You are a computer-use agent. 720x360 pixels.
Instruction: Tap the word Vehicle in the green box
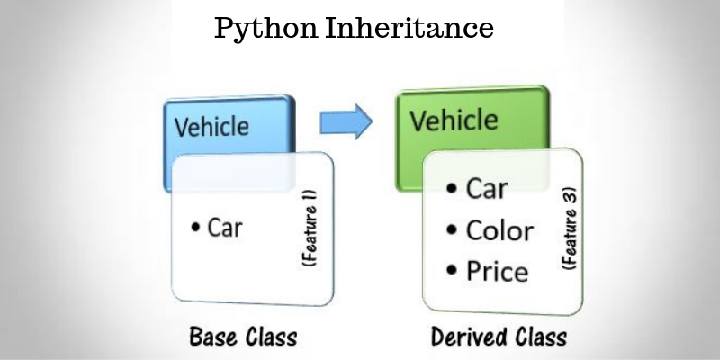453,120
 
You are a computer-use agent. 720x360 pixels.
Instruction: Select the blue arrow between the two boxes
346,121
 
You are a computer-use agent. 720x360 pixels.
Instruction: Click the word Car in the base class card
225,228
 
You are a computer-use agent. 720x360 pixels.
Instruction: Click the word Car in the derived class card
486,190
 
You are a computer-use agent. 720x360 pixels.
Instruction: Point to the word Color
499,230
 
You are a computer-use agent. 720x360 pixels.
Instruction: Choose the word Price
497,271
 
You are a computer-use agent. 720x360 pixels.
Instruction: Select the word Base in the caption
213,339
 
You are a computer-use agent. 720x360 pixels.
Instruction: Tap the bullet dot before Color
452,232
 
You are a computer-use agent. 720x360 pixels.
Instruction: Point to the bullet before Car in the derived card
452,191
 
